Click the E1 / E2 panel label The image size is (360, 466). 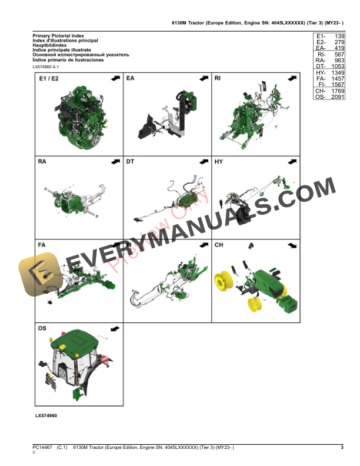point(49,78)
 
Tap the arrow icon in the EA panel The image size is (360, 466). point(202,78)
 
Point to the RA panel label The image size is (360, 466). point(42,161)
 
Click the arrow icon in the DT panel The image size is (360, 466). point(202,161)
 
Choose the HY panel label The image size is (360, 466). point(218,161)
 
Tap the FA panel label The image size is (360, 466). point(42,244)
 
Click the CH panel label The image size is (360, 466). point(218,244)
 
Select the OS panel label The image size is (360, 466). point(42,327)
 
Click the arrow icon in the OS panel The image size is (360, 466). point(114,327)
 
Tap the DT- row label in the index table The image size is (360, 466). point(321,66)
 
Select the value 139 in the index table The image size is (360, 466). point(338,36)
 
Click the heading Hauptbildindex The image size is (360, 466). point(52,45)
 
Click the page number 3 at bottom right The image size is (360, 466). point(342,448)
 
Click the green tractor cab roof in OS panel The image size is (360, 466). point(76,339)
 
